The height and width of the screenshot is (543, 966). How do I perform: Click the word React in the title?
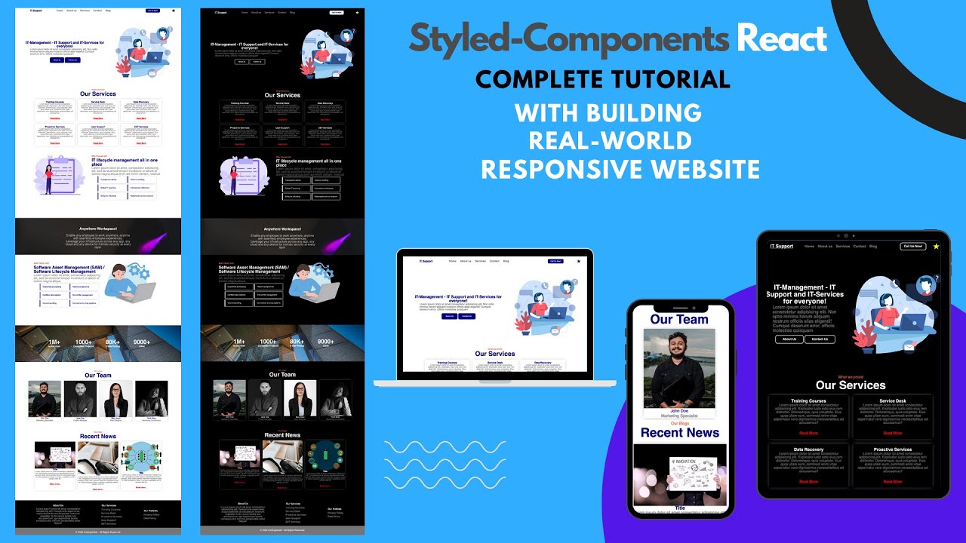coord(782,38)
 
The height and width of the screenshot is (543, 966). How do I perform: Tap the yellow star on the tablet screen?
coord(936,247)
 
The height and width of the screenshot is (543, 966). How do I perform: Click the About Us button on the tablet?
coord(789,339)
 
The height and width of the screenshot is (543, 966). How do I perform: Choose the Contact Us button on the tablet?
coord(820,339)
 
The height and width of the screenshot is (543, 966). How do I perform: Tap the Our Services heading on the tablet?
coord(851,385)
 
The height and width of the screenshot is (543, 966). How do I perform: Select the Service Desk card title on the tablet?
coord(893,401)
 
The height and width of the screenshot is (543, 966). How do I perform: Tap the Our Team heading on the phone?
coord(679,319)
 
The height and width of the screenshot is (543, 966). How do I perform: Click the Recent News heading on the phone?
coord(679,433)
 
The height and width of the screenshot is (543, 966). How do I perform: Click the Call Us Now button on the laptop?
coord(555,261)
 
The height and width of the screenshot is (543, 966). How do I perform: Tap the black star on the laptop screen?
coord(579,261)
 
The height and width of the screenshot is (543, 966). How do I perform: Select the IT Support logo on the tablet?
coord(781,247)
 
